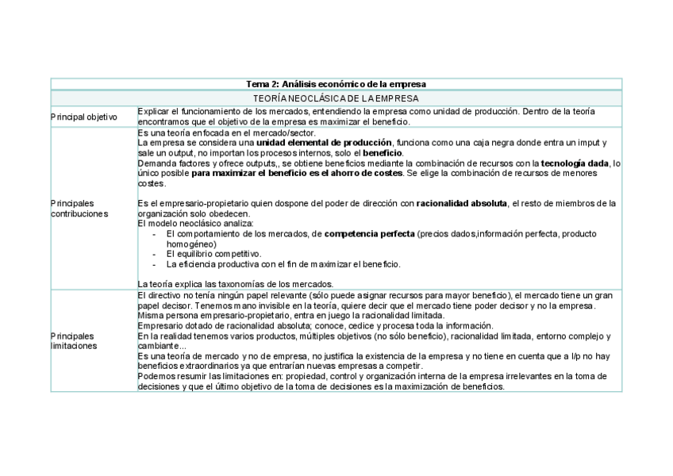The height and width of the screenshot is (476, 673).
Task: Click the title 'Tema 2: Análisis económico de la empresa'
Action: [336, 84]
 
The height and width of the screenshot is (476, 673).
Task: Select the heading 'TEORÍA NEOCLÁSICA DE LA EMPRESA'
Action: [336, 98]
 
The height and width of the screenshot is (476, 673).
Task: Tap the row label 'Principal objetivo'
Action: [84, 117]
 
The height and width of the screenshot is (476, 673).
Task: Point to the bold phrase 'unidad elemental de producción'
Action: [324, 143]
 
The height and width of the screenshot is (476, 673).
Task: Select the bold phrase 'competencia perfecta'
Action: [370, 234]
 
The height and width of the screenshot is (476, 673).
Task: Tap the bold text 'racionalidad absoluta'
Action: [461, 203]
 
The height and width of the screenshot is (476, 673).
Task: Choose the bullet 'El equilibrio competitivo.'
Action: [213, 254]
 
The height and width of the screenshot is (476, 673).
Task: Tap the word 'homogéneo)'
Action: [191, 244]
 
